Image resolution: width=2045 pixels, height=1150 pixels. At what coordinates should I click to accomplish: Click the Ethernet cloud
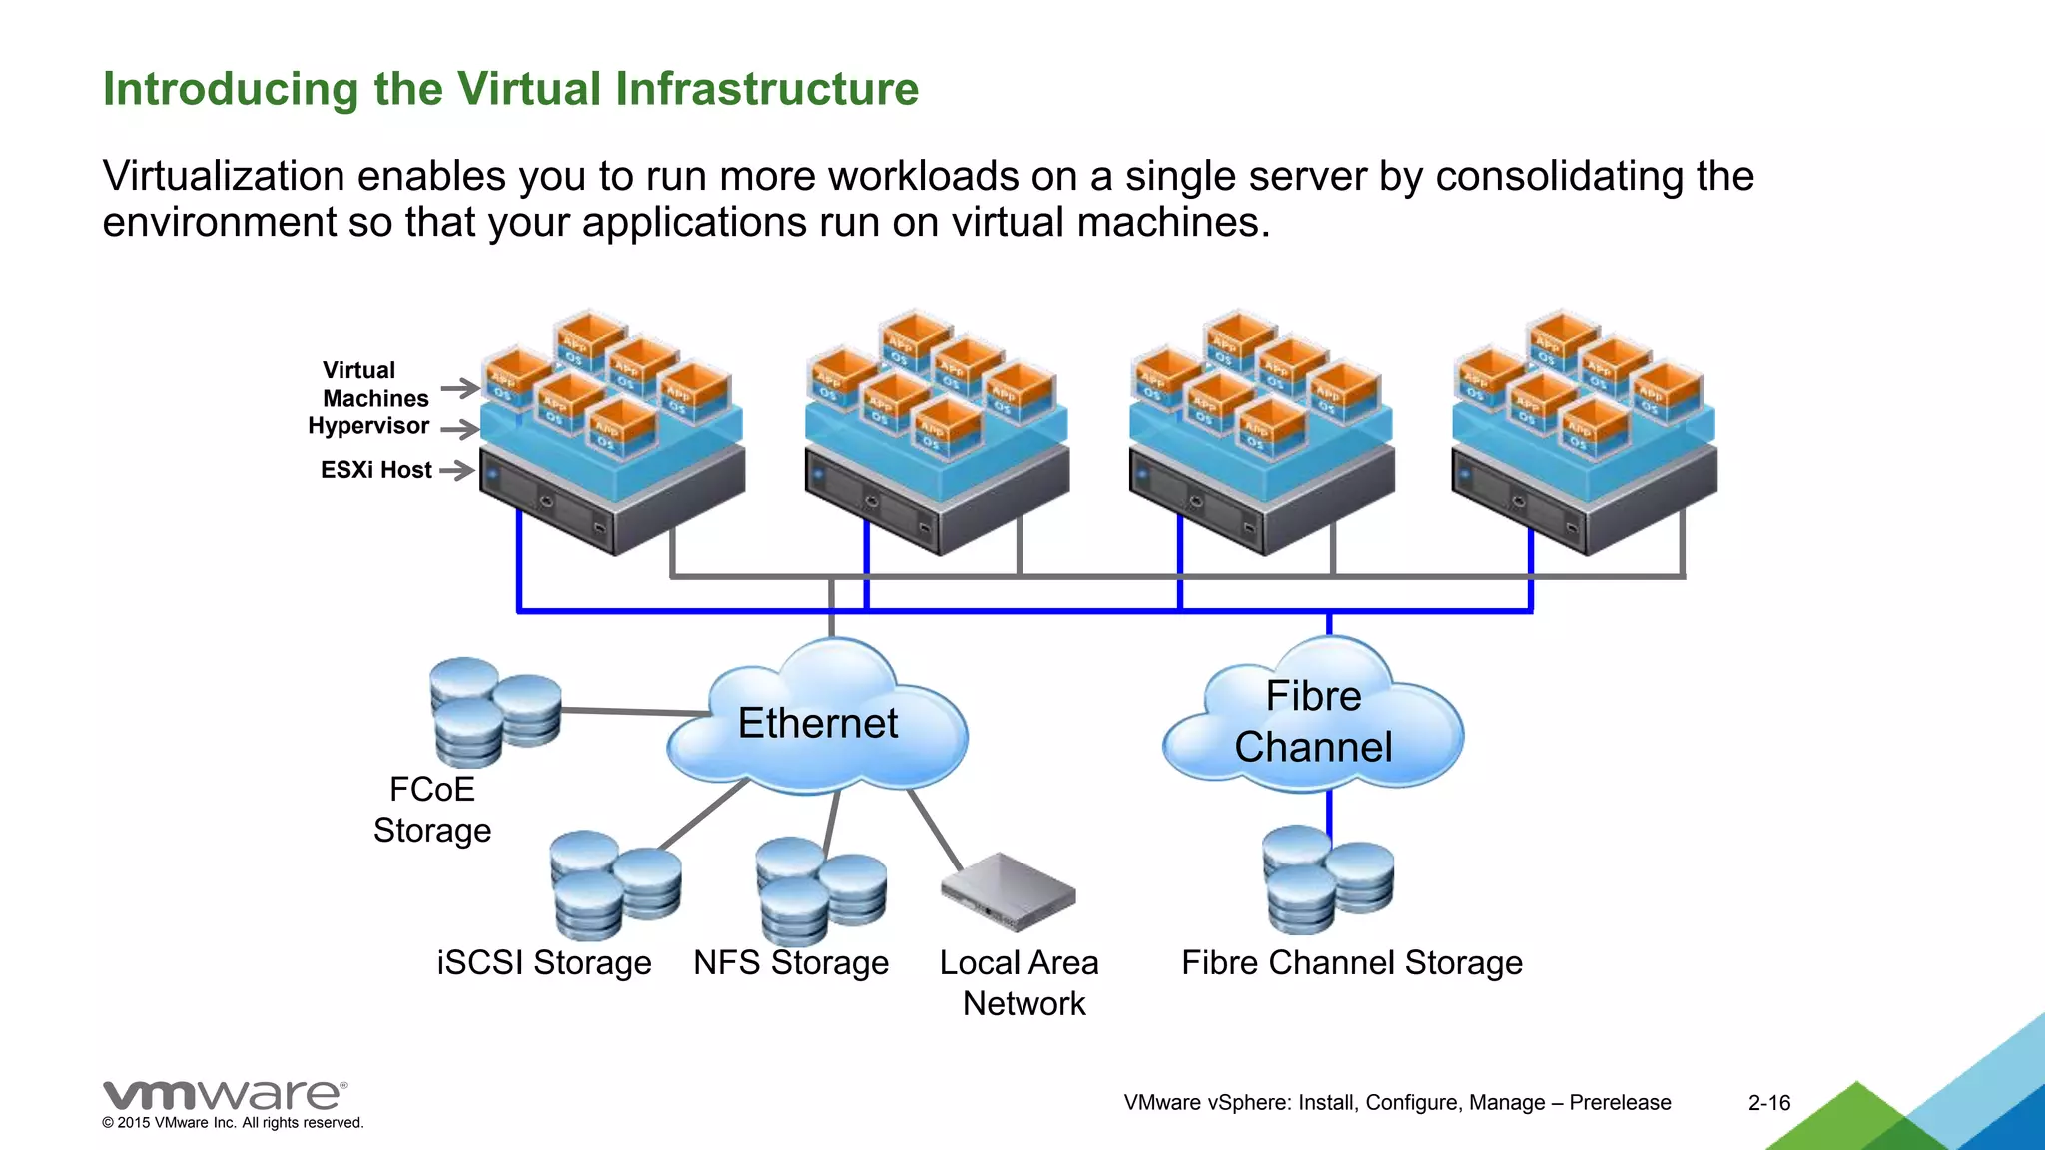point(817,724)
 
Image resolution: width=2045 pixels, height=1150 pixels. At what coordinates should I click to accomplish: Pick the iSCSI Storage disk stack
point(614,884)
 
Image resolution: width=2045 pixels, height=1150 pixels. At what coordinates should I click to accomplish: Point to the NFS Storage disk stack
point(820,888)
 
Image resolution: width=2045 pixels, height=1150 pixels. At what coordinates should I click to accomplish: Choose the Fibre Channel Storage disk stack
point(1327,877)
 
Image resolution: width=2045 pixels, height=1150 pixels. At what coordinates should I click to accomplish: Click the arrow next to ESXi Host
point(456,470)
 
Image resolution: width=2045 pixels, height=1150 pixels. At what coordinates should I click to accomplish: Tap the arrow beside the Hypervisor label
point(459,430)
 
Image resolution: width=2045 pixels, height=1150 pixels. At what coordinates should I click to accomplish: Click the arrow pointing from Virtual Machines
point(459,388)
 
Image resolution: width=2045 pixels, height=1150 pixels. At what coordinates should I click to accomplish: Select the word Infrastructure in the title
point(766,89)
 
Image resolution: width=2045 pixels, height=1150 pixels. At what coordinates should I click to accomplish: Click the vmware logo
point(225,1095)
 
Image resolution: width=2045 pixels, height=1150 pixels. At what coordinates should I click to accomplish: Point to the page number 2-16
point(1768,1103)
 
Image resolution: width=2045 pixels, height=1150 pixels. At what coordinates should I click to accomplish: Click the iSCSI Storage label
point(544,963)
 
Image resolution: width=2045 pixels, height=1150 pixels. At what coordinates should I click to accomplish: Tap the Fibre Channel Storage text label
point(1351,963)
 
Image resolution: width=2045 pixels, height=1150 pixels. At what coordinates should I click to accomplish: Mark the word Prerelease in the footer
point(1620,1103)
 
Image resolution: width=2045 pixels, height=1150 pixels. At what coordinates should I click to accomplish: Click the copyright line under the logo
point(233,1123)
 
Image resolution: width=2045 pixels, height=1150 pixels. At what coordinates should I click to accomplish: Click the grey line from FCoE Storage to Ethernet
point(634,712)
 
